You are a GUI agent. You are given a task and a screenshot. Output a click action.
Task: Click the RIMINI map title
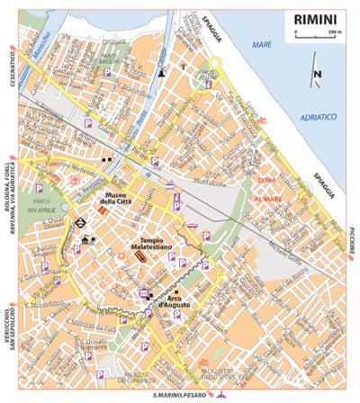click(315, 17)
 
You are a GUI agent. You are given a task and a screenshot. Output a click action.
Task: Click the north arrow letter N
click(316, 76)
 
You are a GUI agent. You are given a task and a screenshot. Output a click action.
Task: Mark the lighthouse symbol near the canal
click(161, 75)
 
